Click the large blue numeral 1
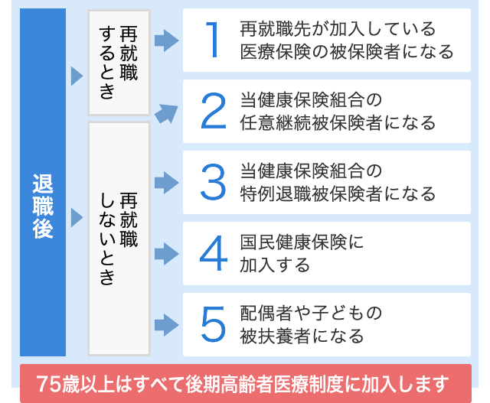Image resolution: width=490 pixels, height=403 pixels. coord(213,40)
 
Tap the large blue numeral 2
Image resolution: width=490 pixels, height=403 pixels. coord(213,111)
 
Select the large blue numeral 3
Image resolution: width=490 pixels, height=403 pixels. coord(213,182)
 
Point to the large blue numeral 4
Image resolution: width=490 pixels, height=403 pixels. coord(213,253)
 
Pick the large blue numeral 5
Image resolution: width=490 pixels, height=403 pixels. coord(213,324)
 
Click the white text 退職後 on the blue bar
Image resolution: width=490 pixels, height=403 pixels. coord(43,206)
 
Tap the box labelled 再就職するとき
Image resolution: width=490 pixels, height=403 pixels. coord(119,63)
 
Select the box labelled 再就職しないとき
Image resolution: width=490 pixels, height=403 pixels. coord(119,239)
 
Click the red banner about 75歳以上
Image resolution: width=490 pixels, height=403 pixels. coord(246,383)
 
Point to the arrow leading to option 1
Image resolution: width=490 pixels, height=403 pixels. coord(167,41)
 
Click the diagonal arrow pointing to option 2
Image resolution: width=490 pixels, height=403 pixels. coord(166,114)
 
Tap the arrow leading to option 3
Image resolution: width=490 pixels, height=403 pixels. coord(167,183)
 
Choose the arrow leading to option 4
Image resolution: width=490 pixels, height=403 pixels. coord(167,254)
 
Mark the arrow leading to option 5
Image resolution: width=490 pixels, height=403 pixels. coord(167,325)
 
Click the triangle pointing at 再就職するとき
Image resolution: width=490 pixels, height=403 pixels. coord(77,76)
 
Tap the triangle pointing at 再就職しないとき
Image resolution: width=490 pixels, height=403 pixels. coord(77,218)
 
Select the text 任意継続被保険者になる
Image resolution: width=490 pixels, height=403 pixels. coord(338,122)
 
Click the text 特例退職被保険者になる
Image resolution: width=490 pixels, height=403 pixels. coord(338,193)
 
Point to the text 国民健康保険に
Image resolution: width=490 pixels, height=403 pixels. coord(302,242)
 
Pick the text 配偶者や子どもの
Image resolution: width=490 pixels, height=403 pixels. coord(311,313)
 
